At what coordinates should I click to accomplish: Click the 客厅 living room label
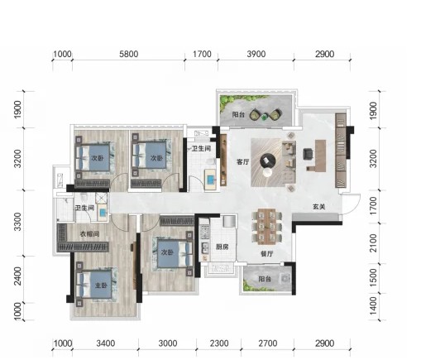[x=242, y=162]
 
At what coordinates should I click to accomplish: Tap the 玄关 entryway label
[x=319, y=206]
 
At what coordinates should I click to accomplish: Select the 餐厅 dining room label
[x=266, y=253]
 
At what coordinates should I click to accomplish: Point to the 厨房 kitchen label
[x=222, y=247]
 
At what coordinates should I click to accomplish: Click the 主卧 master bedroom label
[x=101, y=286]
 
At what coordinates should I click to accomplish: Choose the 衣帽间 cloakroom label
[x=89, y=234]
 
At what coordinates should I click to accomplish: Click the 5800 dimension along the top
[x=128, y=54]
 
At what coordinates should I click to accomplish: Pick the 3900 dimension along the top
[x=256, y=54]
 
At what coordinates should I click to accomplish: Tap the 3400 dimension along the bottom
[x=106, y=343]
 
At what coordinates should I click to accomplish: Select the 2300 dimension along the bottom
[x=219, y=343]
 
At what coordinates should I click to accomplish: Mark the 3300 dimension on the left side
[x=17, y=222]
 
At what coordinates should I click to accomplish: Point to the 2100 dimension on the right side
[x=373, y=243]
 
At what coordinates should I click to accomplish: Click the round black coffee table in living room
[x=268, y=161]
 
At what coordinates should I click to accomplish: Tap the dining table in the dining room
[x=266, y=227]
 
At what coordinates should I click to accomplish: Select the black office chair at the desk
[x=308, y=154]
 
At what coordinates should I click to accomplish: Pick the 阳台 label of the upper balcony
[x=238, y=114]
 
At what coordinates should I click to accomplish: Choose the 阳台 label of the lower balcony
[x=265, y=279]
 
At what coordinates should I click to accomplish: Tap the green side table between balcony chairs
[x=265, y=117]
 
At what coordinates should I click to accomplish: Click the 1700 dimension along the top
[x=202, y=54]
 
